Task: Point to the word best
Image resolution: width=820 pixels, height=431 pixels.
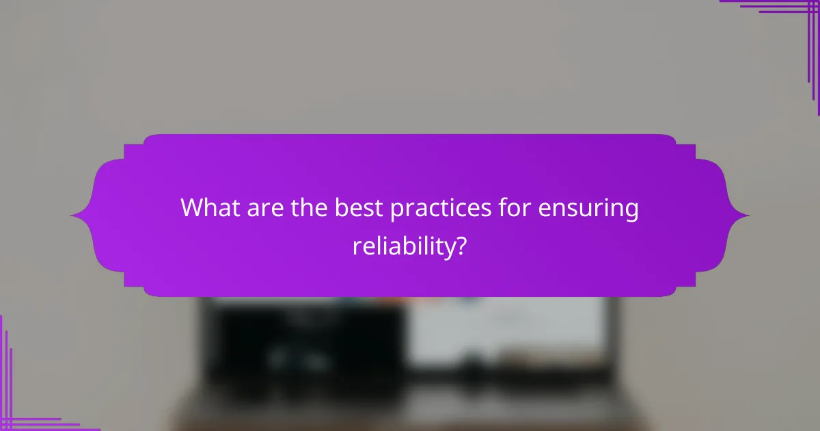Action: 359,209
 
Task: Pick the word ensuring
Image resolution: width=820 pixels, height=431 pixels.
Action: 588,210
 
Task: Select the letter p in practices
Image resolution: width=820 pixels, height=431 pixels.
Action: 396,211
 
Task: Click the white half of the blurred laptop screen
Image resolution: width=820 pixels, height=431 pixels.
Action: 506,328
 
